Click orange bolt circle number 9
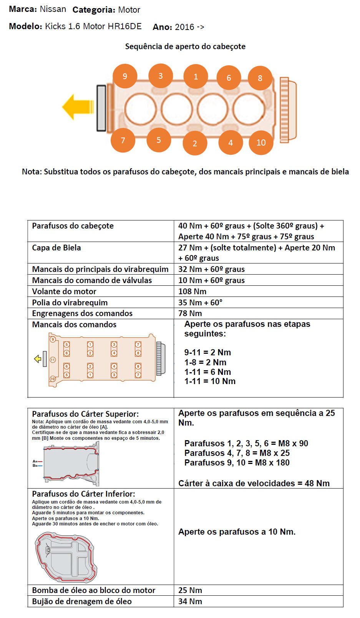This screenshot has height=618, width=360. click(125, 76)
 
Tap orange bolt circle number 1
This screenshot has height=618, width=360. click(196, 76)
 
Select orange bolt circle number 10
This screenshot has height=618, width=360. click(261, 142)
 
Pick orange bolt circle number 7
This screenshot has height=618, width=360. click(123, 140)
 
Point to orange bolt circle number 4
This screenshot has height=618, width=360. click(231, 142)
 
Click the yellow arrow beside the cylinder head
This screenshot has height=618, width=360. click(78, 107)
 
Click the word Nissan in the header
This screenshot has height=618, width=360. click(53, 9)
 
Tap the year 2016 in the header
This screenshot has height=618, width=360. click(184, 27)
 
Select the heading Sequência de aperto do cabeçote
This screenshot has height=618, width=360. click(185, 46)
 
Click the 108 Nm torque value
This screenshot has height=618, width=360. click(192, 292)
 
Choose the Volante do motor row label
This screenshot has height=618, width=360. click(64, 292)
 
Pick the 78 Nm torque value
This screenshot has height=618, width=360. click(190, 313)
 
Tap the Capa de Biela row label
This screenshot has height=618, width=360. click(56, 248)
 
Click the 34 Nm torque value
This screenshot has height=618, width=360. click(190, 601)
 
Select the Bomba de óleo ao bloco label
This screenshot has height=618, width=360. click(94, 590)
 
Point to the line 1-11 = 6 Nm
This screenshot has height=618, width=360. click(207, 372)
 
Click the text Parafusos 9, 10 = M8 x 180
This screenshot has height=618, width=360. click(237, 463)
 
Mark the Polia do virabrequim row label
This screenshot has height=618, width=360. click(70, 303)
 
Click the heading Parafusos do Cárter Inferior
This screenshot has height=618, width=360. click(83, 494)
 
